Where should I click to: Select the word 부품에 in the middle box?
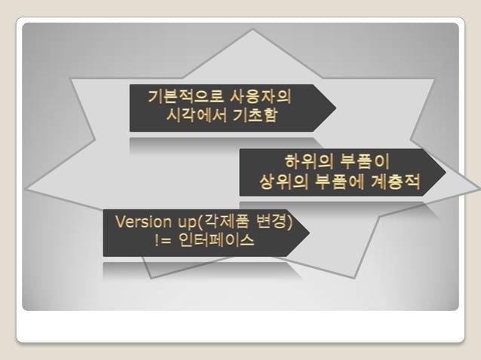pyautogui.click(x=336, y=182)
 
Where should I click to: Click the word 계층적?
pyautogui.click(x=394, y=182)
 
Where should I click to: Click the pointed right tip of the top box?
pyautogui.click(x=335, y=108)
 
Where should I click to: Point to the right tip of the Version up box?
pyautogui.click(x=309, y=232)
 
